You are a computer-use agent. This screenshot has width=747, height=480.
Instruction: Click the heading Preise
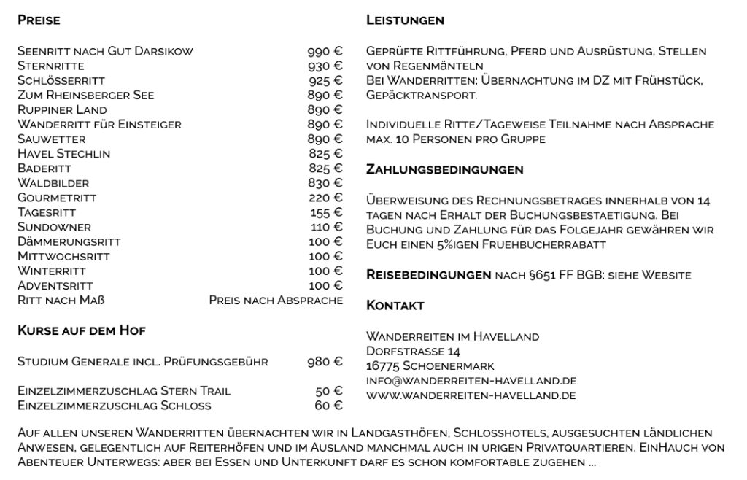pyautogui.click(x=39, y=20)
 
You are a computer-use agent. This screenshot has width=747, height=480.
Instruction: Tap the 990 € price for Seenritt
pyautogui.click(x=325, y=52)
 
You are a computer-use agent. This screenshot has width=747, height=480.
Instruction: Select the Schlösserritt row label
pyautogui.click(x=61, y=81)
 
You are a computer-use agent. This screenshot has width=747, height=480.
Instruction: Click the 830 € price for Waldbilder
pyautogui.click(x=325, y=183)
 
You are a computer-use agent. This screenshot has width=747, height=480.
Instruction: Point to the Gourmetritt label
pyautogui.click(x=57, y=198)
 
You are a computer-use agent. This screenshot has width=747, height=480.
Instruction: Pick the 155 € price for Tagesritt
pyautogui.click(x=326, y=212)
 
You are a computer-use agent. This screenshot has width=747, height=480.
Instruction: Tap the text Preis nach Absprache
pyautogui.click(x=276, y=300)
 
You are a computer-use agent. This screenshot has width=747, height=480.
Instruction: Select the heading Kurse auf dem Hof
pyautogui.click(x=82, y=330)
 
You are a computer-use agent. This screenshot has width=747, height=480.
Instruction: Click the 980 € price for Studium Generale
pyautogui.click(x=325, y=361)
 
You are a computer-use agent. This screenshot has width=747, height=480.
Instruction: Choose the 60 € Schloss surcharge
pyautogui.click(x=328, y=405)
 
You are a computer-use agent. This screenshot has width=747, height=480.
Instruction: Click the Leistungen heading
pyautogui.click(x=405, y=20)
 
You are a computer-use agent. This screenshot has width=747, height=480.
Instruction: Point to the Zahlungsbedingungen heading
pyautogui.click(x=445, y=169)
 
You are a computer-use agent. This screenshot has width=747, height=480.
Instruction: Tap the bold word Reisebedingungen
pyautogui.click(x=428, y=275)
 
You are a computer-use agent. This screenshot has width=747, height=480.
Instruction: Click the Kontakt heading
pyautogui.click(x=395, y=305)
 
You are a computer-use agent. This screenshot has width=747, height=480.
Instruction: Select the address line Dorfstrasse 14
pyautogui.click(x=413, y=351)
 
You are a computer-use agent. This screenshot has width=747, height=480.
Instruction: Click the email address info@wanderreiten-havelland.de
pyautogui.click(x=471, y=381)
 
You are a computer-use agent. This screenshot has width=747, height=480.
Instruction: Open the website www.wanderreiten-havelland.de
pyautogui.click(x=471, y=395)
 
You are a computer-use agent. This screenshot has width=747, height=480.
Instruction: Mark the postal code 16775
pyautogui.click(x=383, y=365)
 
